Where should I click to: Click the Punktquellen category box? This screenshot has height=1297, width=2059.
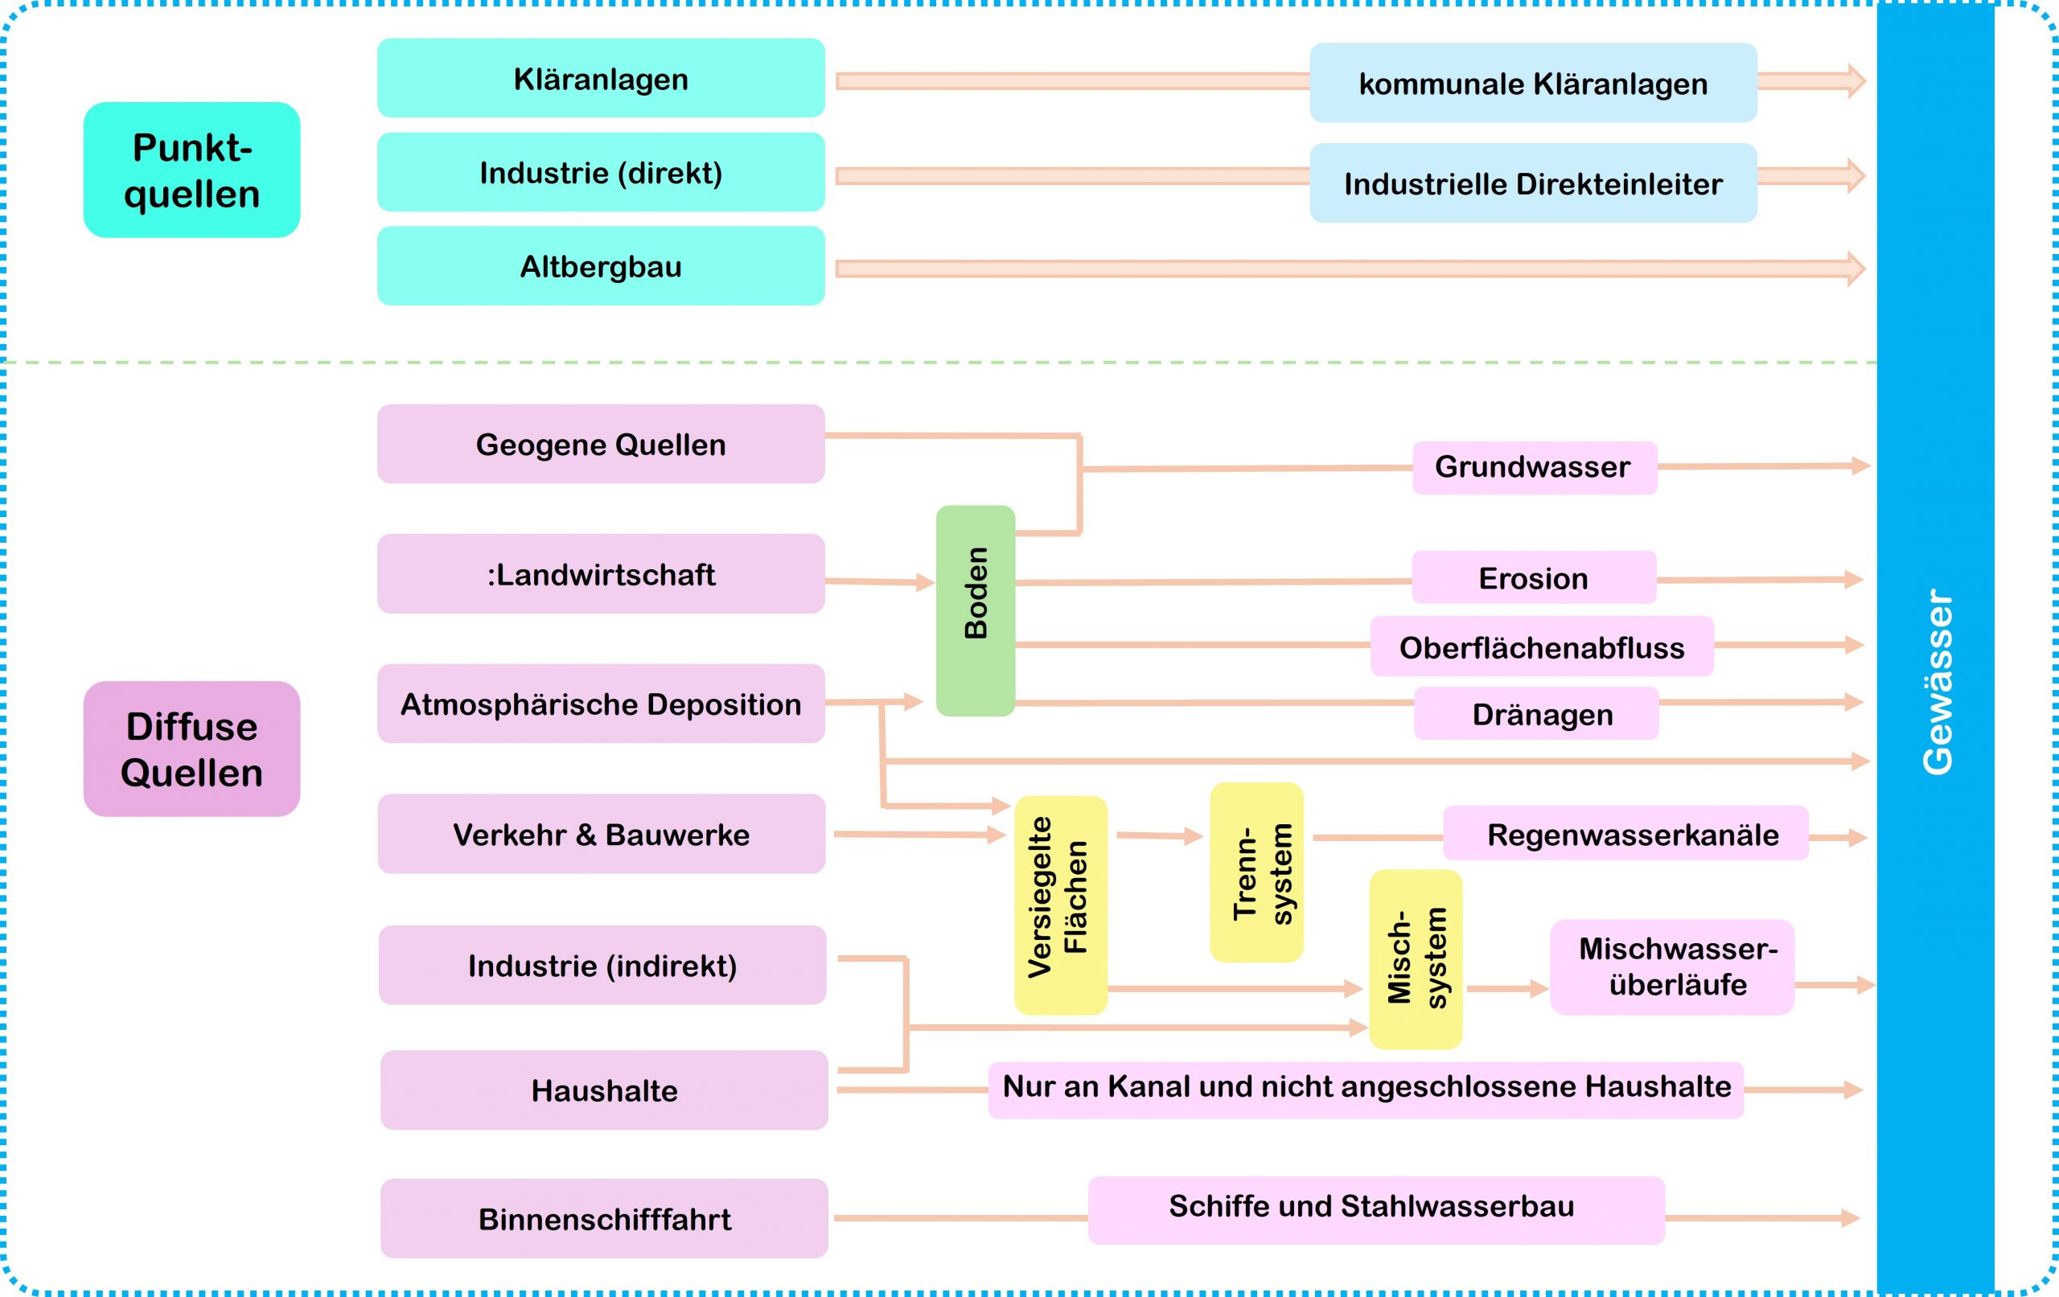point(191,170)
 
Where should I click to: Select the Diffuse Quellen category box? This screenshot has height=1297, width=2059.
point(191,749)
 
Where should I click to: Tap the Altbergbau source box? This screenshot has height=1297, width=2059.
point(600,266)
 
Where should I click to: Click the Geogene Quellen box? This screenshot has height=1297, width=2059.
point(600,444)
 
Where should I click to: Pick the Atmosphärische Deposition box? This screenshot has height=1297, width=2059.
point(600,704)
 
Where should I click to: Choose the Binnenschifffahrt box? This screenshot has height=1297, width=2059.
point(604,1218)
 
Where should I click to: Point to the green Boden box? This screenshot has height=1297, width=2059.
point(976,610)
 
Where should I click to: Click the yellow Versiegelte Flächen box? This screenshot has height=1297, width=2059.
point(1060,905)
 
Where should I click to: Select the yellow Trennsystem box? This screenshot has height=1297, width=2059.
point(1256,872)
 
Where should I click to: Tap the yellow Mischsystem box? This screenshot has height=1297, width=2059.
point(1415,959)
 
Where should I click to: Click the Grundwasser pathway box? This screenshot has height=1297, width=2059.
point(1534,468)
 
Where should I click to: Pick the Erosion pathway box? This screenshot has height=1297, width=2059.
point(1533,578)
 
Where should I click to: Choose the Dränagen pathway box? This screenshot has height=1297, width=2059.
point(1535,714)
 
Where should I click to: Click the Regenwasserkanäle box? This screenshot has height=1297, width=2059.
point(1625,834)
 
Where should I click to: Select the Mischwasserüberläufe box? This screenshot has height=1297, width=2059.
point(1671,967)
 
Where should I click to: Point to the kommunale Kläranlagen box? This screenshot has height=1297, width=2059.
point(1532,84)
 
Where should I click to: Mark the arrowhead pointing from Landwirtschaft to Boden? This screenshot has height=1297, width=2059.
point(924,583)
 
